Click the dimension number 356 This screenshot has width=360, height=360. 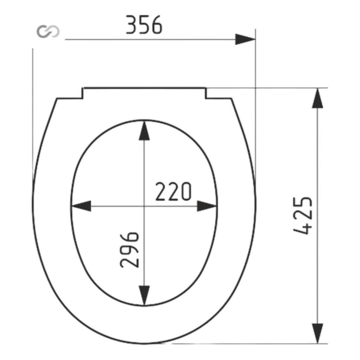(x=144, y=25)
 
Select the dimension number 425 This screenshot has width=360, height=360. (x=303, y=216)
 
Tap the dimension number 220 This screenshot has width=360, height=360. (x=173, y=192)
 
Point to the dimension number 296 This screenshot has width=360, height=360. (x=130, y=250)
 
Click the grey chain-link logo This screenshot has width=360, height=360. (x=48, y=31)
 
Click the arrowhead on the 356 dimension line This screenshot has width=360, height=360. (x=245, y=39)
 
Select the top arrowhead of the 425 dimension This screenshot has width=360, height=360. (x=317, y=98)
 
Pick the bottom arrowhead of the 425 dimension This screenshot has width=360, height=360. (x=317, y=333)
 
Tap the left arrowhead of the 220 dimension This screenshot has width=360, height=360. (x=81, y=206)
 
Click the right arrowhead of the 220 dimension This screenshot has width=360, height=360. (x=207, y=206)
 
